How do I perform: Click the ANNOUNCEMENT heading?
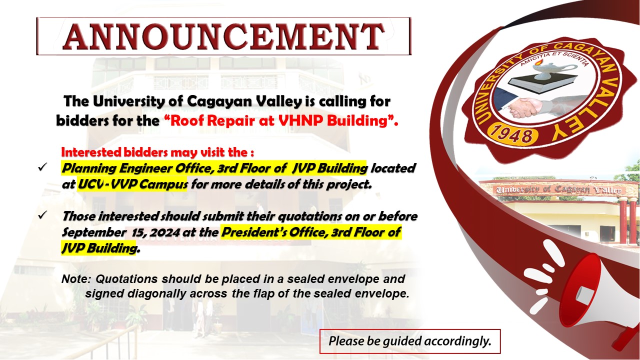pos(223,36)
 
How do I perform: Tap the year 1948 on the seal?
pos(513,135)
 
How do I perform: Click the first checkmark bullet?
pos(42,167)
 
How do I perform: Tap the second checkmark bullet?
pos(42,215)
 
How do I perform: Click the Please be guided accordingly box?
pos(410,341)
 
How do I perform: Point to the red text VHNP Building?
pos(333,120)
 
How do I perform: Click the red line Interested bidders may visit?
pos(157,152)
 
